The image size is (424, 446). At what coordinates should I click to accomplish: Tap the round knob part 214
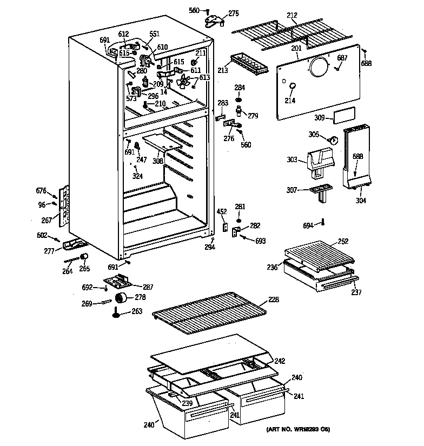click(x=291, y=86)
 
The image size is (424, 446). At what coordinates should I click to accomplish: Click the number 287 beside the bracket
click(x=148, y=287)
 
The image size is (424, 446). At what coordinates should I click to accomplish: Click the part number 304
click(x=361, y=201)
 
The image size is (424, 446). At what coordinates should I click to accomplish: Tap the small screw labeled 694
click(x=323, y=222)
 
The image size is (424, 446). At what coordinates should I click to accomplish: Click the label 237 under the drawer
click(x=355, y=292)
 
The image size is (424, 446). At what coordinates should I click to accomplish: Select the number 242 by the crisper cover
click(x=280, y=361)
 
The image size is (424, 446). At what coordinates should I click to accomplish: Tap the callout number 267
click(x=47, y=221)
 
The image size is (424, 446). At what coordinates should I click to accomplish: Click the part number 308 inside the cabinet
click(x=157, y=161)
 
